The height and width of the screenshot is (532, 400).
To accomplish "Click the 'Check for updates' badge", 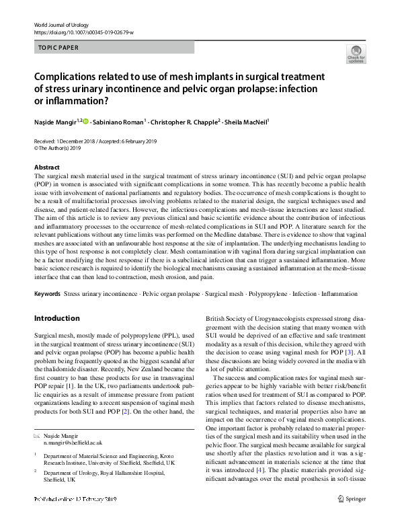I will [x=356, y=54].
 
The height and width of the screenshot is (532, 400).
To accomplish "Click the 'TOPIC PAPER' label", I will [x=58, y=47].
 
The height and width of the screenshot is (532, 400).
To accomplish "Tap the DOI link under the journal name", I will [x=83, y=32].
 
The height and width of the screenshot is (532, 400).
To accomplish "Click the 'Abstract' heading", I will [x=46, y=167].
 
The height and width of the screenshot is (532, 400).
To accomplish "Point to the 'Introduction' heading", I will [x=56, y=318].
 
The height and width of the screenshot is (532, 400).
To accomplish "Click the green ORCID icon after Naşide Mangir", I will [x=85, y=122].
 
